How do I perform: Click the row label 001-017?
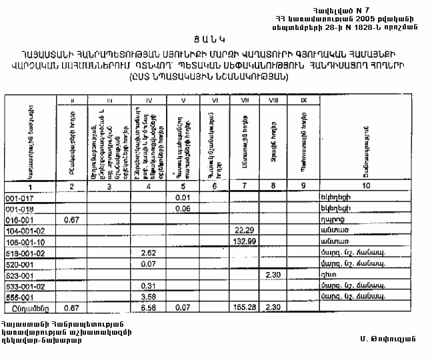click(17, 198)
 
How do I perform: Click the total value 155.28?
click(245, 309)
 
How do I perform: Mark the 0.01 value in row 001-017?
click(182, 198)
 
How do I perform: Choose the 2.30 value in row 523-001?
click(273, 275)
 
